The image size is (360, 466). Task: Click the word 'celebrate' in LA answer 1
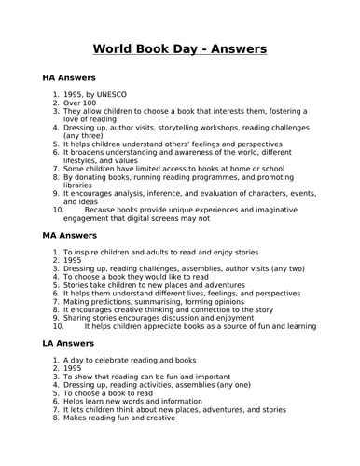click(x=101, y=366)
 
